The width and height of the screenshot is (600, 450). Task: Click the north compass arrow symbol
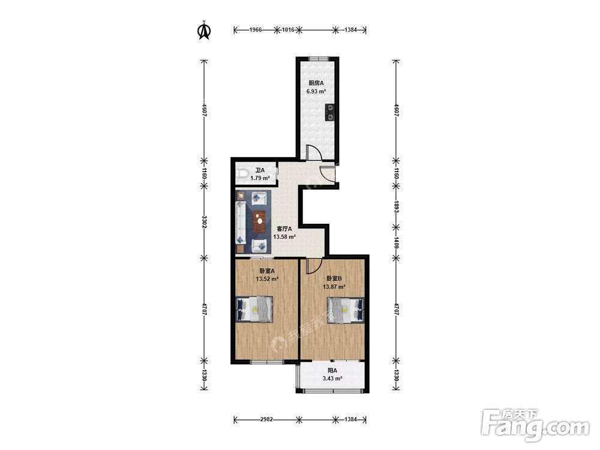tap(204, 31)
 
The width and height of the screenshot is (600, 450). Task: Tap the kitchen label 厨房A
tap(316, 83)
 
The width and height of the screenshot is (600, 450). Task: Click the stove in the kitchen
tap(330, 113)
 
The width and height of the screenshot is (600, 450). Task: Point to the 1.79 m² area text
tap(260, 178)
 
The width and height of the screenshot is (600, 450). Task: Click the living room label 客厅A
tap(284, 229)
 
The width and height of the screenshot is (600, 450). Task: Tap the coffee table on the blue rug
tap(260, 221)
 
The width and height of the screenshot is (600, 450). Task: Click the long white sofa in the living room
tap(241, 223)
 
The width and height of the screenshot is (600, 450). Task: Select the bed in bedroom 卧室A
tap(254, 309)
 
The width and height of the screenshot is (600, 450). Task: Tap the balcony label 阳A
tap(332, 370)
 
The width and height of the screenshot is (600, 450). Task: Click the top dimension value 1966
tap(255, 29)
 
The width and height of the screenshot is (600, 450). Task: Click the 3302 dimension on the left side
tap(205, 222)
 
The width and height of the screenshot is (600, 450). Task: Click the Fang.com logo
tap(535, 424)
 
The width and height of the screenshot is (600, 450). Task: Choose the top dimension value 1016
tap(288, 29)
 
